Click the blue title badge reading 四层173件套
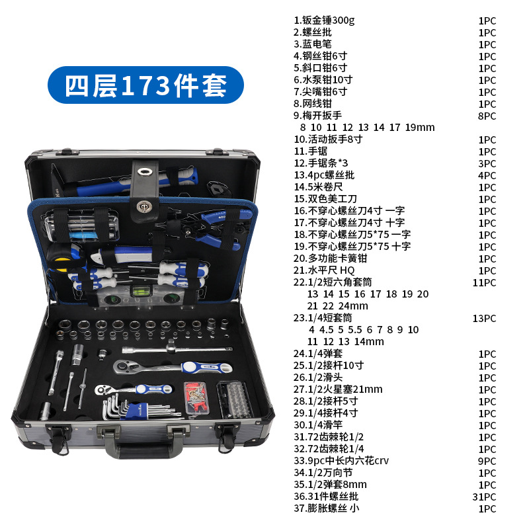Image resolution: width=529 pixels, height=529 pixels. pyautogui.click(x=145, y=85)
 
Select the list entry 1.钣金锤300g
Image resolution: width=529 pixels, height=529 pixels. pyautogui.click(x=324, y=20)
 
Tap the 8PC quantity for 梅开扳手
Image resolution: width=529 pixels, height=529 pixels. pyautogui.click(x=487, y=116)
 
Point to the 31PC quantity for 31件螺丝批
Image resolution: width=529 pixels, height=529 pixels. pyautogui.click(x=484, y=497)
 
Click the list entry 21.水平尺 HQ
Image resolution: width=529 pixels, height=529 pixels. pyautogui.click(x=324, y=270)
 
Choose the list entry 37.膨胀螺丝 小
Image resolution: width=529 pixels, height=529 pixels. pyautogui.click(x=326, y=508)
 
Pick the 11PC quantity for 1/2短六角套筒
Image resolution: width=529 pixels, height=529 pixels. pyautogui.click(x=484, y=283)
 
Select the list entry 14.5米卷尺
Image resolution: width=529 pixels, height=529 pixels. pyautogui.click(x=318, y=187)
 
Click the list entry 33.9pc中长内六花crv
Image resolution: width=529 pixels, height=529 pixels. pyautogui.click(x=341, y=460)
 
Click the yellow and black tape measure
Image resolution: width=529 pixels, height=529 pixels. pyautogui.click(x=64, y=257)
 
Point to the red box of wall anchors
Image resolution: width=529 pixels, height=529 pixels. pyautogui.click(x=196, y=398)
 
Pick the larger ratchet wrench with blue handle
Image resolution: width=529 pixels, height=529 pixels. pyautogui.click(x=172, y=367)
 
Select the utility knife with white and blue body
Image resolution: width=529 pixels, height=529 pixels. pyautogui.click(x=123, y=255)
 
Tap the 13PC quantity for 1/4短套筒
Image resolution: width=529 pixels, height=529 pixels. pyautogui.click(x=484, y=319)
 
